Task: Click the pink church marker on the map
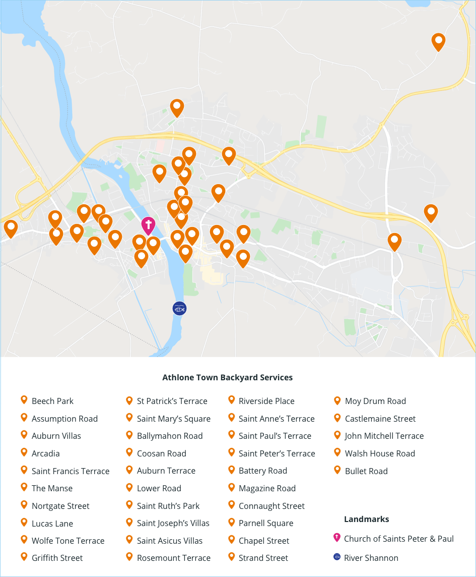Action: pos(148,225)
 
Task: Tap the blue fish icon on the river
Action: pos(179,308)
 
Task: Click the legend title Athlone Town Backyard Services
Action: pos(228,377)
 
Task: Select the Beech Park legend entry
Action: pos(52,401)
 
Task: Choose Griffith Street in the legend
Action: pos(57,558)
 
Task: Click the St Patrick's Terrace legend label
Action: pos(172,401)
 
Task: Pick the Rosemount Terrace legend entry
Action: pos(173,558)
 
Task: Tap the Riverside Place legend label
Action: pos(266,401)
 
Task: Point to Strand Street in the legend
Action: pos(263,558)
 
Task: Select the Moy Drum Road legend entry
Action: pos(375,401)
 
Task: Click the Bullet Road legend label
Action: pos(366,471)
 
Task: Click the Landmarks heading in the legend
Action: pos(366,519)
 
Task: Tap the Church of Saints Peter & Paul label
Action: pos(399,539)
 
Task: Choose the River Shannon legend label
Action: pos(371,558)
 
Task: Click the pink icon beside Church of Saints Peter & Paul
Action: pos(337,538)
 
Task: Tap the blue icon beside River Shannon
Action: pos(337,557)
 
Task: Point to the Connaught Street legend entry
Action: pos(272,506)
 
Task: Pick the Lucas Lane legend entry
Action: pos(52,524)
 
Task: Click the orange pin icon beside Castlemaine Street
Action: pos(337,418)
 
